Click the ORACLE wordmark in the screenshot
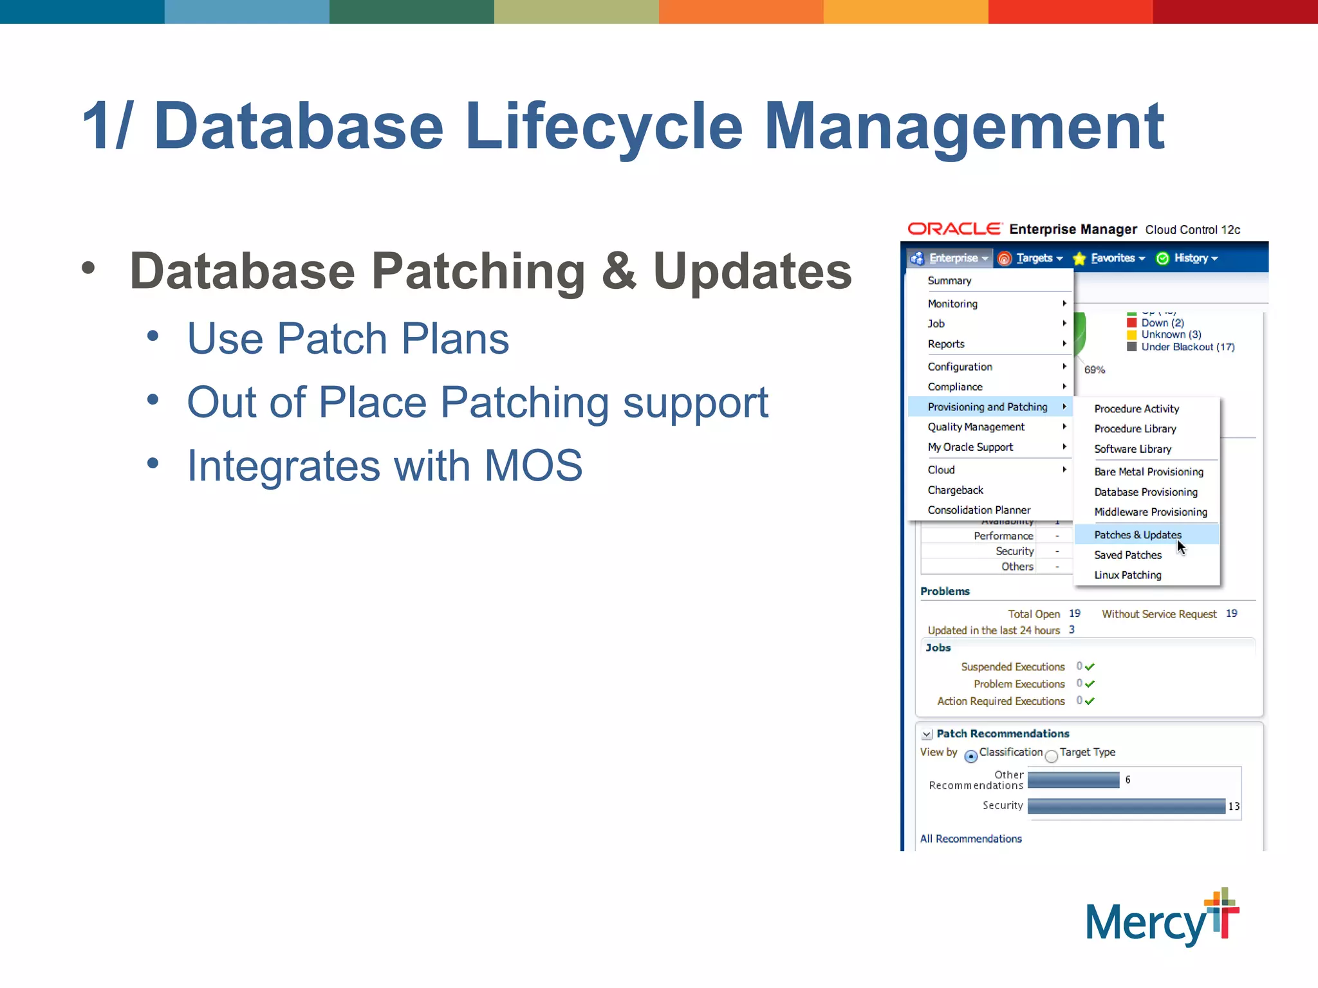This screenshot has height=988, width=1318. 954,229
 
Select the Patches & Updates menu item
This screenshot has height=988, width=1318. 1137,535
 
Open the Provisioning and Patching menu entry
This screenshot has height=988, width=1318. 987,407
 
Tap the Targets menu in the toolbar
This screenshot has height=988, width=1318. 1034,258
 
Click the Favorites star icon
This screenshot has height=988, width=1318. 1079,259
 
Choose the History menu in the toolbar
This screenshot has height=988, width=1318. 1191,258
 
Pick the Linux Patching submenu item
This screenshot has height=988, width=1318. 1128,575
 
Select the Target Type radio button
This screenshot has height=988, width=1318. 1051,756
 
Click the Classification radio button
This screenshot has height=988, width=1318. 970,756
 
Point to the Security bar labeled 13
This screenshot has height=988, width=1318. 1126,806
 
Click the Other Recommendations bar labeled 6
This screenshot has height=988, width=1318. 1073,780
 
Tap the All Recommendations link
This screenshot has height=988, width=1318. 970,839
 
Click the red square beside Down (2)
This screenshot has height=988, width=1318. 1131,323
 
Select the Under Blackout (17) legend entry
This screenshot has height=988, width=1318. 1187,347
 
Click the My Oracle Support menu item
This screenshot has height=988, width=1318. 970,447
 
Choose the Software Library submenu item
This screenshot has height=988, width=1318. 1132,449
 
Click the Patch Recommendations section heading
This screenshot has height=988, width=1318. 1002,734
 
